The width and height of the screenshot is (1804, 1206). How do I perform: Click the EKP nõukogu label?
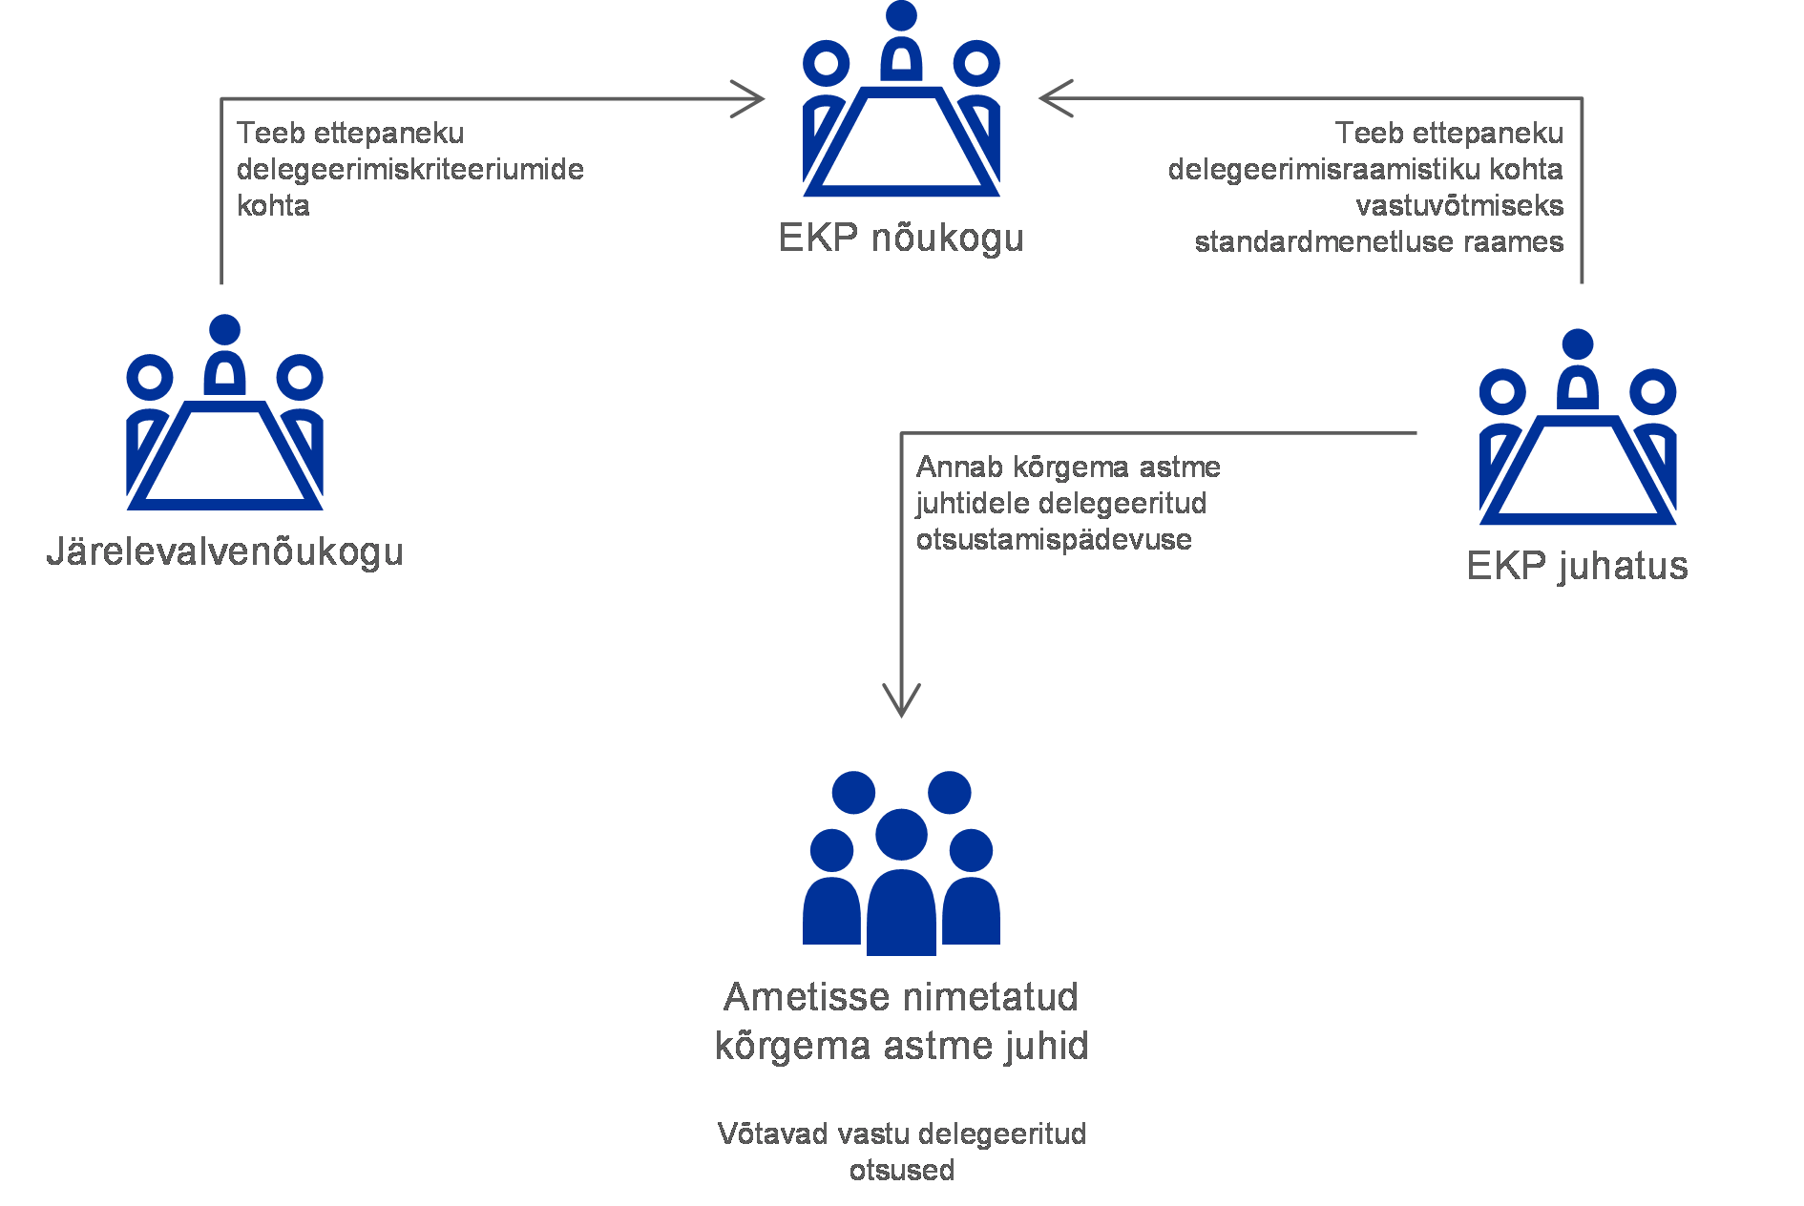click(x=900, y=239)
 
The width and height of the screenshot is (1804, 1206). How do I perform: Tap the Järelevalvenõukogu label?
click(x=225, y=552)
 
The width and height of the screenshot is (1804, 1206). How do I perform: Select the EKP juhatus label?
click(x=1577, y=566)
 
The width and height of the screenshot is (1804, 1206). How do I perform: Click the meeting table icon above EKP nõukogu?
click(x=901, y=105)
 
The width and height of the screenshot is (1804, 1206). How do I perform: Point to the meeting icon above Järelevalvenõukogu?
click(x=225, y=415)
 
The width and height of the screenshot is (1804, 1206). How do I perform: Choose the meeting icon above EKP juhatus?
click(x=1578, y=429)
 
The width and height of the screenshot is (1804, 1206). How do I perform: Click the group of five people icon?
click(x=901, y=863)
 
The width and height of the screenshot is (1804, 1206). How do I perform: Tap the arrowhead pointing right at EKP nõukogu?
click(x=749, y=98)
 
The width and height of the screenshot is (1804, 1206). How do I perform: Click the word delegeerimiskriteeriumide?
click(x=409, y=170)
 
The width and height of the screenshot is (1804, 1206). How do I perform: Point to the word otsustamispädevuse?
click(x=1054, y=540)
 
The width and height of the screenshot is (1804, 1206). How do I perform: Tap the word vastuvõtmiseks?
click(x=1459, y=206)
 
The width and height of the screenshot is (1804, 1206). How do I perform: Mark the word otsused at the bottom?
click(x=901, y=1171)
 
